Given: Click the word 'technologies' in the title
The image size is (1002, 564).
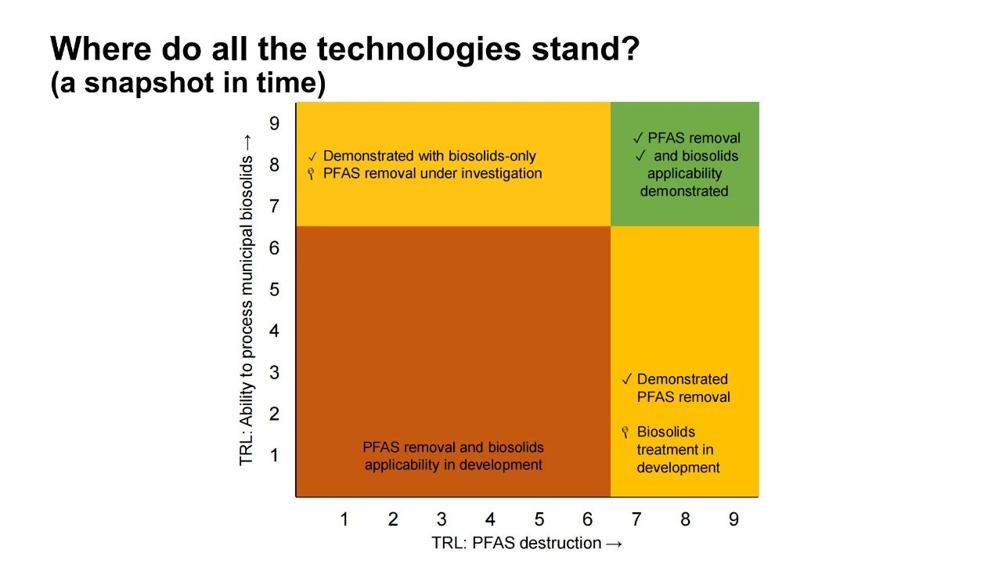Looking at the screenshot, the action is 419,49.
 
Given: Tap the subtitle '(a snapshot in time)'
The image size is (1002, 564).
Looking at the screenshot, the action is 189,83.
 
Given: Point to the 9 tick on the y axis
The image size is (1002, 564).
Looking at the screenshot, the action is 274,123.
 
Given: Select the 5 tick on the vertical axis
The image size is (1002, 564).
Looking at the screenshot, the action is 274,289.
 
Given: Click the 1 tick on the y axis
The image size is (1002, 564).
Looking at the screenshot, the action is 274,455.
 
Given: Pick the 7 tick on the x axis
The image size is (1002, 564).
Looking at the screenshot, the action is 636,519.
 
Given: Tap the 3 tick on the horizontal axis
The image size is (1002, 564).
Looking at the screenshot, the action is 442,519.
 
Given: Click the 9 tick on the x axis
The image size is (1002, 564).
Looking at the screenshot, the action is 733,519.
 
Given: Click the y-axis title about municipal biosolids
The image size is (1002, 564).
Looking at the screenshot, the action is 247,300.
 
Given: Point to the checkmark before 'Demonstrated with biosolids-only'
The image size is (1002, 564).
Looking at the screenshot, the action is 312,157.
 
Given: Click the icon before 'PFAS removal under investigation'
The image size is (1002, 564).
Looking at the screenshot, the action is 312,174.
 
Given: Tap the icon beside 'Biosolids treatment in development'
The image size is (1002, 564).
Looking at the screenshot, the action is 625,432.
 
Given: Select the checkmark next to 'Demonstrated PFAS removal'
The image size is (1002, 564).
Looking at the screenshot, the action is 627,380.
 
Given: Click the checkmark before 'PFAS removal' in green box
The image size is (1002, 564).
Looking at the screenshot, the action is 638,139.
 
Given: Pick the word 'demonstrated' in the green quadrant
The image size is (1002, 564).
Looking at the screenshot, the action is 684,191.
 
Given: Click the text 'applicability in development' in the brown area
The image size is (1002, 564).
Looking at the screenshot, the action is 453,465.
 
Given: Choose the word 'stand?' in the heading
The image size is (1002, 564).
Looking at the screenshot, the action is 586,49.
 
